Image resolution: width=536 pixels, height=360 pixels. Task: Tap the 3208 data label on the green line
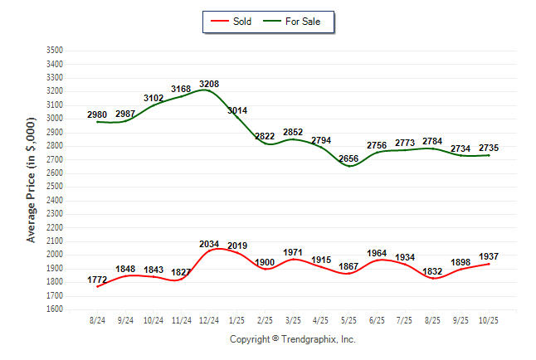click(209, 84)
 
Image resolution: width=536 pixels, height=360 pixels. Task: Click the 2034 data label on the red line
click(209, 244)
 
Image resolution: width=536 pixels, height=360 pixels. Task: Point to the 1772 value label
click(98, 281)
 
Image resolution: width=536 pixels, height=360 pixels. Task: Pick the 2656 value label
click(349, 159)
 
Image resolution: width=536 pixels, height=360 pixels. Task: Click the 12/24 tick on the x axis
click(210, 320)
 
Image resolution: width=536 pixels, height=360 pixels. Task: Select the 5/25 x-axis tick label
click(349, 320)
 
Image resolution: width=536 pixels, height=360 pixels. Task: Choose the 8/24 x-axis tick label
click(98, 320)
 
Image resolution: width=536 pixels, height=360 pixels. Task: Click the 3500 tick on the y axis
click(55, 51)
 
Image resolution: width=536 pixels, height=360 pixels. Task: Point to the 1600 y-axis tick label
click(55, 309)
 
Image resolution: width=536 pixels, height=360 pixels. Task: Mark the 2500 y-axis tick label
click(55, 187)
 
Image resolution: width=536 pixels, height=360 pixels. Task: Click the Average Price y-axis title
click(32, 180)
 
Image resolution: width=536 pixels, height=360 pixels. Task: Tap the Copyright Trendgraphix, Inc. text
click(292, 340)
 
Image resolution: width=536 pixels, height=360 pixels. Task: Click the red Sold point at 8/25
click(433, 278)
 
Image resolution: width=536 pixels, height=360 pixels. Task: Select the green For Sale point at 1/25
click(237, 118)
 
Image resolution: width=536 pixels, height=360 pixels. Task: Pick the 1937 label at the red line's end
click(489, 257)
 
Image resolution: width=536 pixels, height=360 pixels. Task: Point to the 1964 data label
click(377, 254)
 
